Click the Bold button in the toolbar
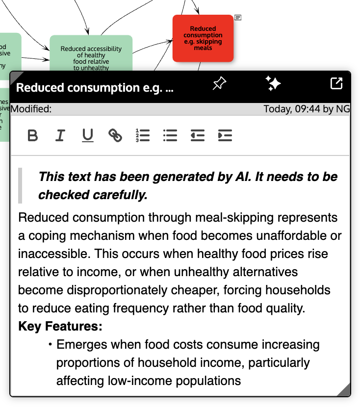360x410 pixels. click(33, 135)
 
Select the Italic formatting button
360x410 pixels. click(60, 135)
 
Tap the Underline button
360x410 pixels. click(88, 135)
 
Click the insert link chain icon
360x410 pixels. click(115, 135)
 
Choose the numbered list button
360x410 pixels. click(143, 135)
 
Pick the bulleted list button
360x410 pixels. click(170, 135)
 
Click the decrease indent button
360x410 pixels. click(198, 135)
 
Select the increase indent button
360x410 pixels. click(225, 135)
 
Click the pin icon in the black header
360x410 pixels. click(219, 84)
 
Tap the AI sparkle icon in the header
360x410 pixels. click(273, 84)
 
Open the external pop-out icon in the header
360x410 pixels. click(336, 84)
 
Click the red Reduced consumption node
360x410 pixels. click(203, 38)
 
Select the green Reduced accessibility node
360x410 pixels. click(91, 53)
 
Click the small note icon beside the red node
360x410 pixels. click(238, 18)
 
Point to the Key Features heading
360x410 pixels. click(60, 327)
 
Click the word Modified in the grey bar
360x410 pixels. click(31, 109)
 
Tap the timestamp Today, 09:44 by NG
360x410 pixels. click(307, 109)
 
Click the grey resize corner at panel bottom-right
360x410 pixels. click(344, 390)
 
